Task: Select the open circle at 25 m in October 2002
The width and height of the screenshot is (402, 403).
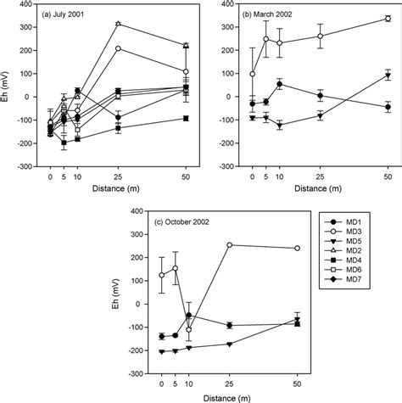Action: pyautogui.click(x=229, y=245)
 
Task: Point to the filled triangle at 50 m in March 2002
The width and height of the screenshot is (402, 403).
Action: pyautogui.click(x=388, y=76)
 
